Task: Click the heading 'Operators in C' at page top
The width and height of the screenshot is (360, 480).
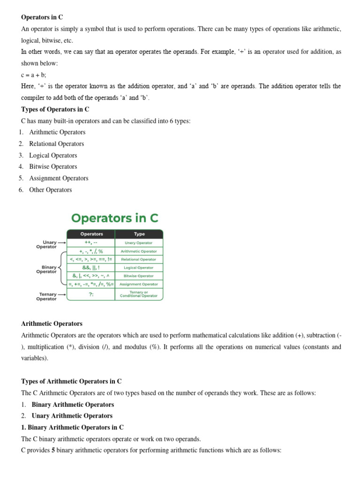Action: (42, 17)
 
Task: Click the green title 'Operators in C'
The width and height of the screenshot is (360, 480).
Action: (115, 218)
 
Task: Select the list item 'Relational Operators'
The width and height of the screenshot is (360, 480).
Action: (56, 144)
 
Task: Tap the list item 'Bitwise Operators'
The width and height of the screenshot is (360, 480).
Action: (53, 166)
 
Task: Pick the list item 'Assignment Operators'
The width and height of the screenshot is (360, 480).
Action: (59, 178)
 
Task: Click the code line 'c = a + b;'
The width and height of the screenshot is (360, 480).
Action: (34, 75)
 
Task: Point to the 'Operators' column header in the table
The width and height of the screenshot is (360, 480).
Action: (91, 234)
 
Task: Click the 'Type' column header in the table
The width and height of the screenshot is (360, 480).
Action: (139, 234)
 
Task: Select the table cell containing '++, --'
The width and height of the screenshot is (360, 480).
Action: (91, 243)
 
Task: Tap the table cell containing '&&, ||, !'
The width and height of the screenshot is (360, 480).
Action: (91, 268)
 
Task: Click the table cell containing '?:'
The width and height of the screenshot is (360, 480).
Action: (91, 294)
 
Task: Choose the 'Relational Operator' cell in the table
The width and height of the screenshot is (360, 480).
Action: (139, 259)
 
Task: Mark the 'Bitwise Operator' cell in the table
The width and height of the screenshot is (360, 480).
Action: (139, 276)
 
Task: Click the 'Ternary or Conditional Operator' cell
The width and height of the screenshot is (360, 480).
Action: (139, 294)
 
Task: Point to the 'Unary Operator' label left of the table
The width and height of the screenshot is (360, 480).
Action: (47, 245)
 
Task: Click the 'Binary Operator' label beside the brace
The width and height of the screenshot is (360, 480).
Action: (46, 269)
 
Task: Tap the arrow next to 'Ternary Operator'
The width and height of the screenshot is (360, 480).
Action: (62, 294)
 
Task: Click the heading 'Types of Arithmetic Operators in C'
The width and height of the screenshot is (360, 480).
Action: (72, 381)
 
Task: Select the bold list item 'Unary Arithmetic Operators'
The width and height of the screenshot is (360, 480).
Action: (72, 416)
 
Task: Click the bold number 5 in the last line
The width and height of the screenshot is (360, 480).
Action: (53, 450)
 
